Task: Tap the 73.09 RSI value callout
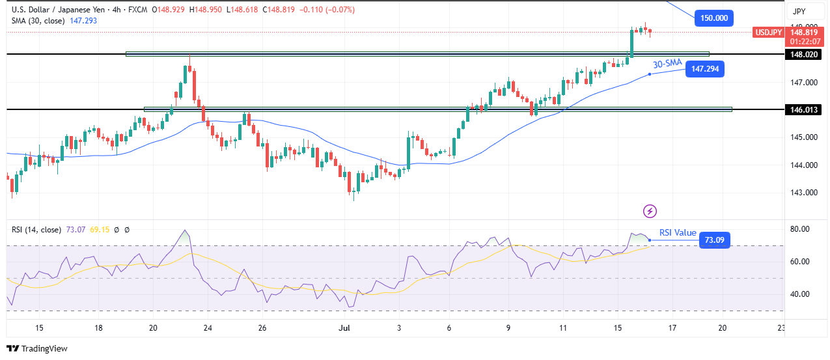[714, 240]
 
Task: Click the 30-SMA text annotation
[667, 63]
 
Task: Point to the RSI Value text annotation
[678, 232]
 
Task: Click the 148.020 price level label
[803, 55]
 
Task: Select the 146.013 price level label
[803, 109]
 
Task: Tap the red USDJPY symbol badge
[769, 32]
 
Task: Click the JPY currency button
[798, 11]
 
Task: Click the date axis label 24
[207, 328]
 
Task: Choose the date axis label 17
[672, 328]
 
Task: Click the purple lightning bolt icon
[650, 211]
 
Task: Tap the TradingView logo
[37, 348]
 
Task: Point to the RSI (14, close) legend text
[37, 230]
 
